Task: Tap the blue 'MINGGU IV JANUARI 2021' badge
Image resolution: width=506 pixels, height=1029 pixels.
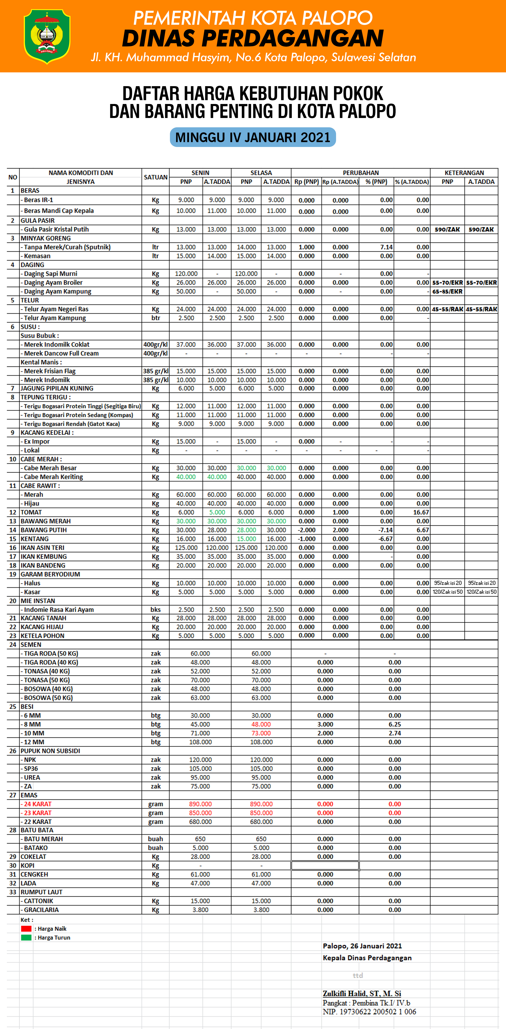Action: [x=253, y=137]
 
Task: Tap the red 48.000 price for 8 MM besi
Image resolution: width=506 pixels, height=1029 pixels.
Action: [x=261, y=724]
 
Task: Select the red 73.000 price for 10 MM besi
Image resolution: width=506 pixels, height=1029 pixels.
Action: [x=261, y=733]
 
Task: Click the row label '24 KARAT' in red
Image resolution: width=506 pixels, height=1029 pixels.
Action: [x=37, y=804]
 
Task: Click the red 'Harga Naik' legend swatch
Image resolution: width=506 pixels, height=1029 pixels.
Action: [x=26, y=928]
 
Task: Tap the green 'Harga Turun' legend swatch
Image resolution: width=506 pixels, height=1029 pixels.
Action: [x=26, y=937]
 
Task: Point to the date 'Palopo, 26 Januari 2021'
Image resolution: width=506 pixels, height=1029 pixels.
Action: [x=362, y=946]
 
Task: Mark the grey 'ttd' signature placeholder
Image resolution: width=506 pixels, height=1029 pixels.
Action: [x=358, y=975]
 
